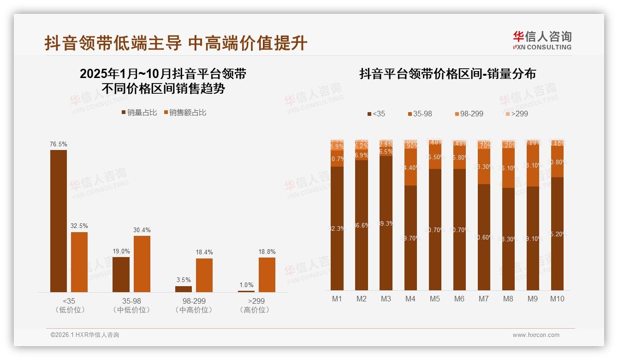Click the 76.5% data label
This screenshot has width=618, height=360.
pos(59,144)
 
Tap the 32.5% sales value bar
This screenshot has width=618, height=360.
pos(79,262)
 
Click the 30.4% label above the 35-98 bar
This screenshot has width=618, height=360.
pos(142,230)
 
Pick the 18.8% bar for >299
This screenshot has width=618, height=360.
pos(267,274)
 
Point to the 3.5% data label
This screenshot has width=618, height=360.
pos(183,280)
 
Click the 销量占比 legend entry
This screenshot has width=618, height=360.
pos(139,113)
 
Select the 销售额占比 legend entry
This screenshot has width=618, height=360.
pos(185,113)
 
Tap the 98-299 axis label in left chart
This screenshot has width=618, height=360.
pos(194,301)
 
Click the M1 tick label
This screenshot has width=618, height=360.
pos(337,299)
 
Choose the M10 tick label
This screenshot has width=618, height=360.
pos(557,299)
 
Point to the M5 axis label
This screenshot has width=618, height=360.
pos(435,299)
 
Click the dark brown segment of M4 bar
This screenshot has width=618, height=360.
pos(410,238)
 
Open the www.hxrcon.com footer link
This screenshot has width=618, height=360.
pos(536,335)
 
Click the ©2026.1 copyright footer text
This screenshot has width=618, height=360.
pos(84,335)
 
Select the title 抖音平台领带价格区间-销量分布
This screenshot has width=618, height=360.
pos(447,74)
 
